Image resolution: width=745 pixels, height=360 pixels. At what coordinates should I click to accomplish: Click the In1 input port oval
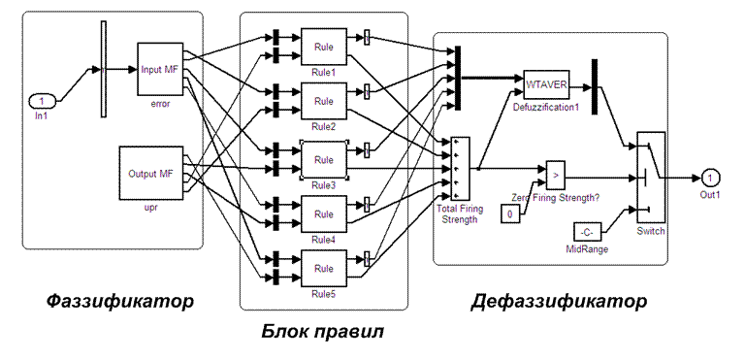(43, 101)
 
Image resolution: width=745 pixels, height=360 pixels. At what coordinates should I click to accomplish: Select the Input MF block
(160, 69)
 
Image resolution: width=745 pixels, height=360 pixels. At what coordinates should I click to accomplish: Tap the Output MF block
(150, 173)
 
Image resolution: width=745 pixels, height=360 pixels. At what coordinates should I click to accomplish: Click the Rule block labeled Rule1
(324, 48)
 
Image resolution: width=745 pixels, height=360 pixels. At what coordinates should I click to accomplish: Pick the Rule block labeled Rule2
(324, 101)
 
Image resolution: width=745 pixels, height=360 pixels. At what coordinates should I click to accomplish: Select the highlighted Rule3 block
(324, 160)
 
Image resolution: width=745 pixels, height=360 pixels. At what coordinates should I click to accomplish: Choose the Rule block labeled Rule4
(324, 214)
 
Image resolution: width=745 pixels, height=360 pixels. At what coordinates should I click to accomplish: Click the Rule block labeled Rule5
(324, 269)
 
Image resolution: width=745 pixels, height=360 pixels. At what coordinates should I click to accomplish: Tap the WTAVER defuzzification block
(546, 84)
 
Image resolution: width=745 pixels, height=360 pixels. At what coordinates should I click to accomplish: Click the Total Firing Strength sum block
(460, 169)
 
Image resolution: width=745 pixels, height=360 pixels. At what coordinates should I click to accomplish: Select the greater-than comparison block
(556, 174)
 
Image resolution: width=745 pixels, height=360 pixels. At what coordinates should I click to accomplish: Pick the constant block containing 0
(510, 213)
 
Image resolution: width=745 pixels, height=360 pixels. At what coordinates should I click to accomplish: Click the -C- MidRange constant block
(587, 232)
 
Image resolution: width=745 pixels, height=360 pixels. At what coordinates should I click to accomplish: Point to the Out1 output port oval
(710, 178)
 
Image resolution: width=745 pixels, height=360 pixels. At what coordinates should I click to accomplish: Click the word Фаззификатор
(120, 301)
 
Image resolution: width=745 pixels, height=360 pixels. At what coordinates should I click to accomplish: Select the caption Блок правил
(323, 332)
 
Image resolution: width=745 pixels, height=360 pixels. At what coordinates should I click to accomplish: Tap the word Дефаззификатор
(559, 302)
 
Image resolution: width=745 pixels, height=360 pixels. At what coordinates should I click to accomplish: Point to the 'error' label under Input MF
(160, 104)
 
